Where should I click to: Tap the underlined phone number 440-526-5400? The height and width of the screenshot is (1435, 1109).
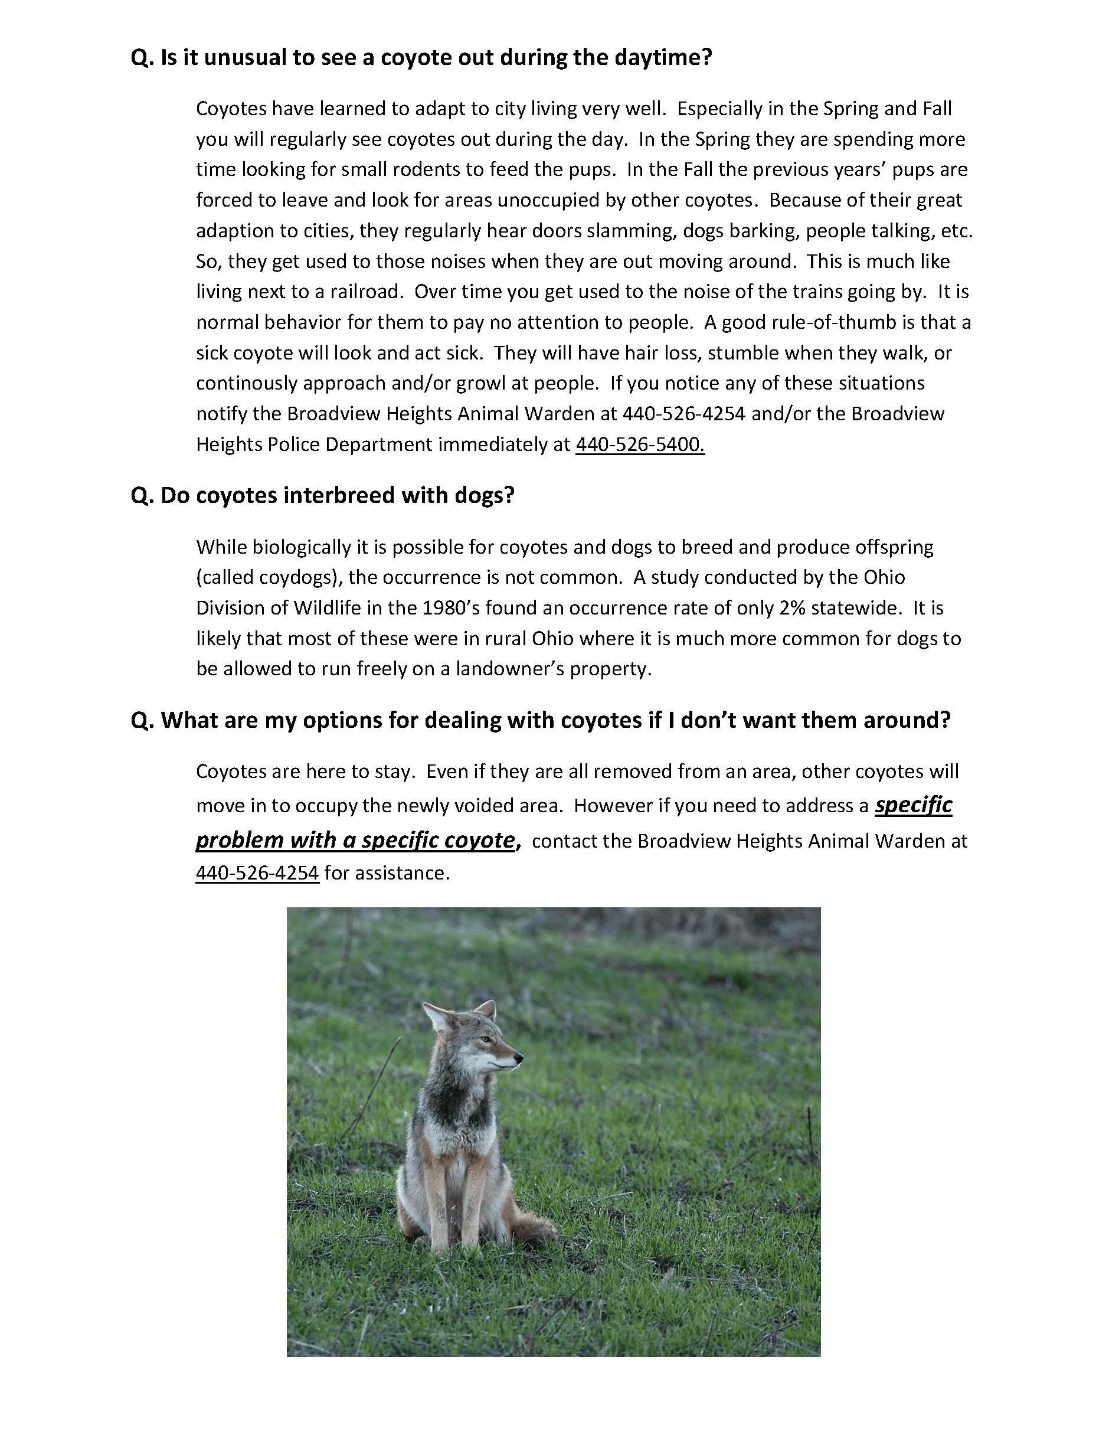click(639, 445)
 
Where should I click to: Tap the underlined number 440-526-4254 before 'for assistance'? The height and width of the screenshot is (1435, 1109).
click(257, 873)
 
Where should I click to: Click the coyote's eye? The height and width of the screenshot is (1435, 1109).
click(485, 1039)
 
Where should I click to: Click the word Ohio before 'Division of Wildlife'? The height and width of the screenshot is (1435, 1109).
click(884, 577)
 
